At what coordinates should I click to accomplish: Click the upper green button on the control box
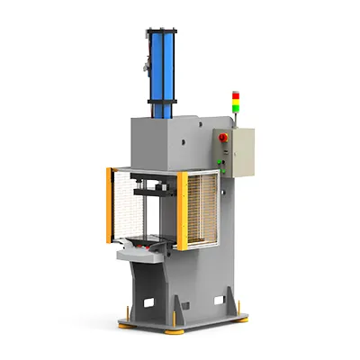219,152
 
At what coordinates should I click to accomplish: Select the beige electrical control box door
240,153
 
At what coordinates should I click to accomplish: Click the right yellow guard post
182,209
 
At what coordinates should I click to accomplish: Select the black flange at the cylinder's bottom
161,112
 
